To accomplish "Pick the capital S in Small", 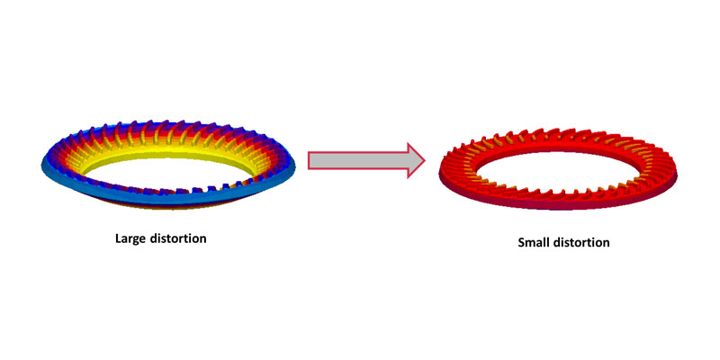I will pyautogui.click(x=521, y=243).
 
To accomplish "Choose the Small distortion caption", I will pyautogui.click(x=564, y=243).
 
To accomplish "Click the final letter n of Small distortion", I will pyautogui.click(x=607, y=243).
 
